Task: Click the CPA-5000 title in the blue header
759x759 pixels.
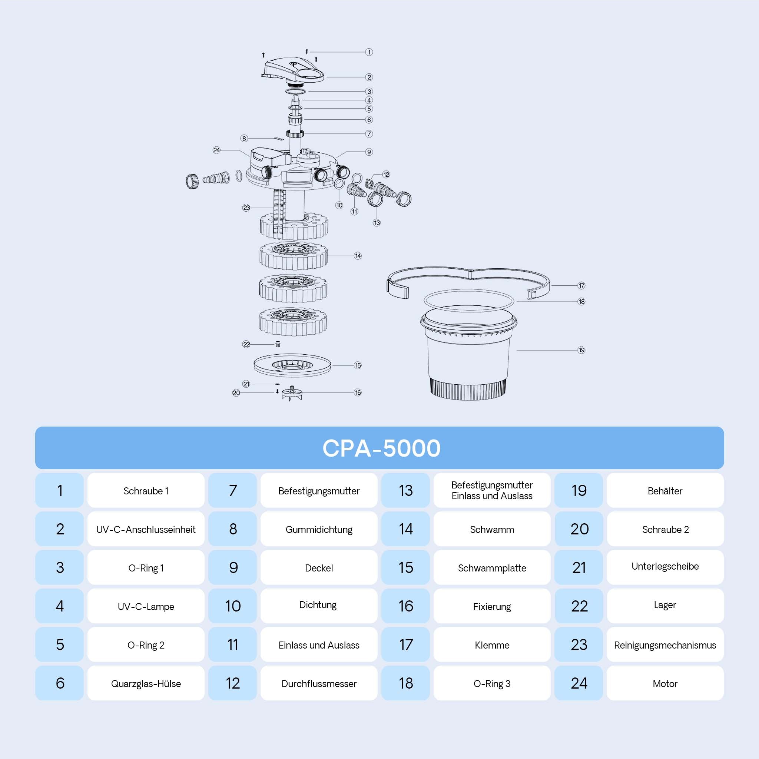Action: click(x=381, y=448)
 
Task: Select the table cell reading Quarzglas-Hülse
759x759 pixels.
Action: click(x=146, y=683)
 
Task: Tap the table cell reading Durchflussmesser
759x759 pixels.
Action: click(x=319, y=683)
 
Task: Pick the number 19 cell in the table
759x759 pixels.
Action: click(x=579, y=490)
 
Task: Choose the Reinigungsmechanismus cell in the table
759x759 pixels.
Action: click(x=665, y=645)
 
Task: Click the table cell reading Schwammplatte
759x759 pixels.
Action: click(x=492, y=568)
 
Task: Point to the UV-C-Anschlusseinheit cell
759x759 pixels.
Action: click(x=146, y=529)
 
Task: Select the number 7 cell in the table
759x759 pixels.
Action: click(x=233, y=490)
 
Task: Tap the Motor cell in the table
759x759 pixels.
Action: click(x=665, y=683)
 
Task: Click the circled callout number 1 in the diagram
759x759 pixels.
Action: click(x=369, y=52)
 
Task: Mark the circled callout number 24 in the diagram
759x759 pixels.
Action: click(x=216, y=150)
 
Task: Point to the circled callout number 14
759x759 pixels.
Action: click(x=358, y=256)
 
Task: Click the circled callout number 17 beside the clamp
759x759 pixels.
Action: click(x=581, y=286)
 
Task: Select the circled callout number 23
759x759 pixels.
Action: click(x=246, y=208)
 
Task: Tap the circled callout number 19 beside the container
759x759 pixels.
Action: click(x=581, y=350)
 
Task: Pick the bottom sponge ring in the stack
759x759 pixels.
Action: click(x=293, y=322)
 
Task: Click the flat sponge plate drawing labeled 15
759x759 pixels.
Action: click(x=292, y=365)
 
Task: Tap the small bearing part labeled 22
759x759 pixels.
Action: click(x=278, y=344)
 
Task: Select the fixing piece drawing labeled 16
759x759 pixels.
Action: click(x=292, y=394)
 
